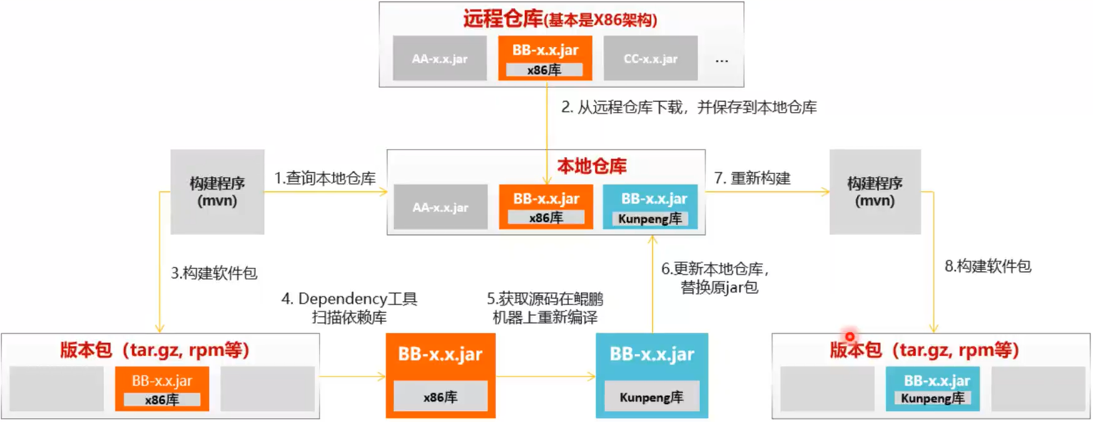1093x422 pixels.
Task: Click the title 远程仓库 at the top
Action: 502,19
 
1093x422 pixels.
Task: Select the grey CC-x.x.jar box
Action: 650,58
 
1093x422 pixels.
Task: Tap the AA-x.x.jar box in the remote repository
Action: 439,58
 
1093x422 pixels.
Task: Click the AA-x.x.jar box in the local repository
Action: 440,207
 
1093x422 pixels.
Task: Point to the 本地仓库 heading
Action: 591,166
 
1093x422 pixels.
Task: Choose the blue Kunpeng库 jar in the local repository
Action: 650,207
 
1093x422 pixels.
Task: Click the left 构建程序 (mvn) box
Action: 217,192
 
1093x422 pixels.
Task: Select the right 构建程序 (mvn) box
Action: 875,192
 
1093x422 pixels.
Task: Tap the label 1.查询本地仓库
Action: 325,178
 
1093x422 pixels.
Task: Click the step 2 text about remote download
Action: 688,107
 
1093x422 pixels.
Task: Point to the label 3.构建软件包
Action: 214,273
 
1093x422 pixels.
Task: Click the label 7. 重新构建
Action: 752,178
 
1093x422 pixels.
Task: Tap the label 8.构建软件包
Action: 987,266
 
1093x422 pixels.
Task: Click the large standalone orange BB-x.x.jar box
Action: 440,375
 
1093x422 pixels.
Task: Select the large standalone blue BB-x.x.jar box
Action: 651,375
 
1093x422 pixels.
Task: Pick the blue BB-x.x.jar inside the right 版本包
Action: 932,389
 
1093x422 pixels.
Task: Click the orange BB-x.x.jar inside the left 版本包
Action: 161,389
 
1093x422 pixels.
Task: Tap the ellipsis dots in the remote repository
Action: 721,61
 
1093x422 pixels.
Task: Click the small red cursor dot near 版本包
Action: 850,337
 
